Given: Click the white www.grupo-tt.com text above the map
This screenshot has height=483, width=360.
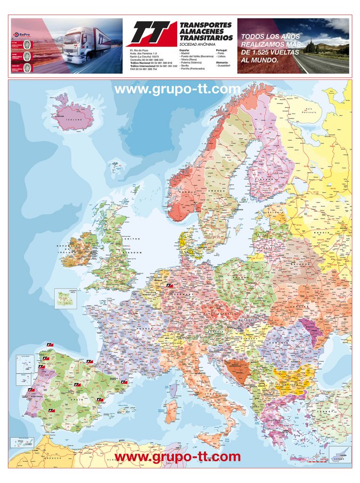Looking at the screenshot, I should pyautogui.click(x=177, y=89).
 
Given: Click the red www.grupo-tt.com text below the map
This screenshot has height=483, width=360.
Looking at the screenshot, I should pyautogui.click(x=177, y=457).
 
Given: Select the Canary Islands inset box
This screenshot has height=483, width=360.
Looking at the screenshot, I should pyautogui.click(x=22, y=442).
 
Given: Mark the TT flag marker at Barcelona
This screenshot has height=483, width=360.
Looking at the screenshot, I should pyautogui.click(x=124, y=382).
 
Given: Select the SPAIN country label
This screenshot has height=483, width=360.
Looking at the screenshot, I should pyautogui.click(x=80, y=399).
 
